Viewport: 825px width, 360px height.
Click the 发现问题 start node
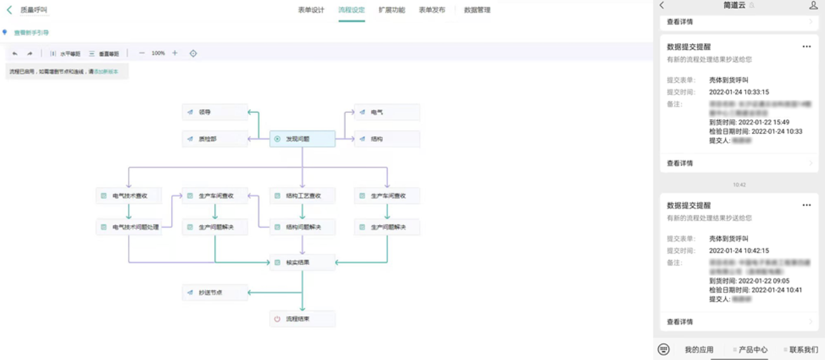pyautogui.click(x=302, y=139)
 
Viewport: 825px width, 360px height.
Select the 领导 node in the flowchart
pyautogui.click(x=215, y=112)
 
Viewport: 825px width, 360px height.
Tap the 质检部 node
pyautogui.click(x=215, y=139)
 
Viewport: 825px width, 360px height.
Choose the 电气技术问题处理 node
pyautogui.click(x=129, y=227)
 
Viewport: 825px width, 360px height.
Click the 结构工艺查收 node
pyautogui.click(x=302, y=196)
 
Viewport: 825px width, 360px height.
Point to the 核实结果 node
pyautogui.click(x=302, y=262)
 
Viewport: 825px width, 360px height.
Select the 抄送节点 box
pyautogui.click(x=215, y=293)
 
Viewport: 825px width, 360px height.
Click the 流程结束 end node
pyautogui.click(x=302, y=319)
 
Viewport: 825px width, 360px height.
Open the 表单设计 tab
pyautogui.click(x=311, y=10)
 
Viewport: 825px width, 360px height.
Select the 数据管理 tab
pyautogui.click(x=477, y=10)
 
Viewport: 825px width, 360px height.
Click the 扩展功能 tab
pyautogui.click(x=392, y=10)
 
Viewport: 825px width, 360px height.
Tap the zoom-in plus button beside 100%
pyautogui.click(x=175, y=53)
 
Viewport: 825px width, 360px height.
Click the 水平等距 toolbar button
pyautogui.click(x=65, y=54)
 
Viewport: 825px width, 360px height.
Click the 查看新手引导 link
pyautogui.click(x=31, y=32)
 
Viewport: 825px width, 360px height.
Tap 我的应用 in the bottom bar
pyautogui.click(x=699, y=350)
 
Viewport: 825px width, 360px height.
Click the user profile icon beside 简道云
pyautogui.click(x=814, y=5)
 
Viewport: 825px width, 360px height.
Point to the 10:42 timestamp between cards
pyautogui.click(x=739, y=185)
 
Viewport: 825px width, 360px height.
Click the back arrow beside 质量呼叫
pyautogui.click(x=9, y=10)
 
